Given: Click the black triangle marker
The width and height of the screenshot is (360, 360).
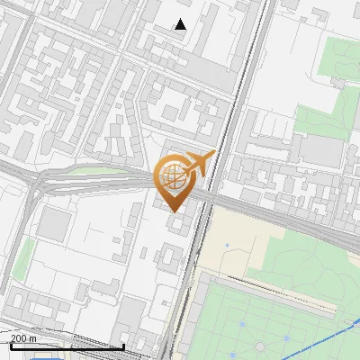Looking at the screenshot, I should pyautogui.click(x=180, y=25).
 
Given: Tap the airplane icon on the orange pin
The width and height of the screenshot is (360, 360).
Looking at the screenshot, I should pyautogui.click(x=200, y=164).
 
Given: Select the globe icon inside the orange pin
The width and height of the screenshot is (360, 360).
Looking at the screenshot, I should pyautogui.click(x=175, y=177).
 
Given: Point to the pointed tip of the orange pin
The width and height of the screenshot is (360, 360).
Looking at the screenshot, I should pyautogui.click(x=175, y=211).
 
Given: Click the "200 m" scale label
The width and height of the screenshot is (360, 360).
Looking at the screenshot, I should pyautogui.click(x=24, y=337).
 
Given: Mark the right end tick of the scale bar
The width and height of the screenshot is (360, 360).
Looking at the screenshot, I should pyautogui.click(x=123, y=345).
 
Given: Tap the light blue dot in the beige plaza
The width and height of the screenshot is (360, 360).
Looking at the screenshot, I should pyautogui.click(x=228, y=245).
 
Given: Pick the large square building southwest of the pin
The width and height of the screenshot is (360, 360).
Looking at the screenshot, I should pyautogui.click(x=57, y=225).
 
